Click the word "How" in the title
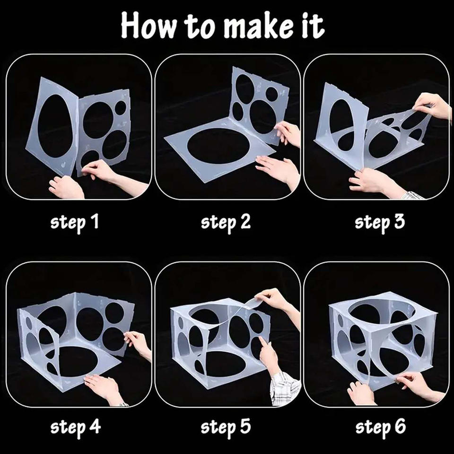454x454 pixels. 148,26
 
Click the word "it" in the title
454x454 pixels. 314,26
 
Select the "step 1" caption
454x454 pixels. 75,223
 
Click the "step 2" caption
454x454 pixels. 226,223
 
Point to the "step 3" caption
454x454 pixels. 380,223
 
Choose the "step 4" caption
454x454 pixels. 76,427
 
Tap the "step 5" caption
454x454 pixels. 226,427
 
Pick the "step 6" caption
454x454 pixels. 380,427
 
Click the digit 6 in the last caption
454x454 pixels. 401,426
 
